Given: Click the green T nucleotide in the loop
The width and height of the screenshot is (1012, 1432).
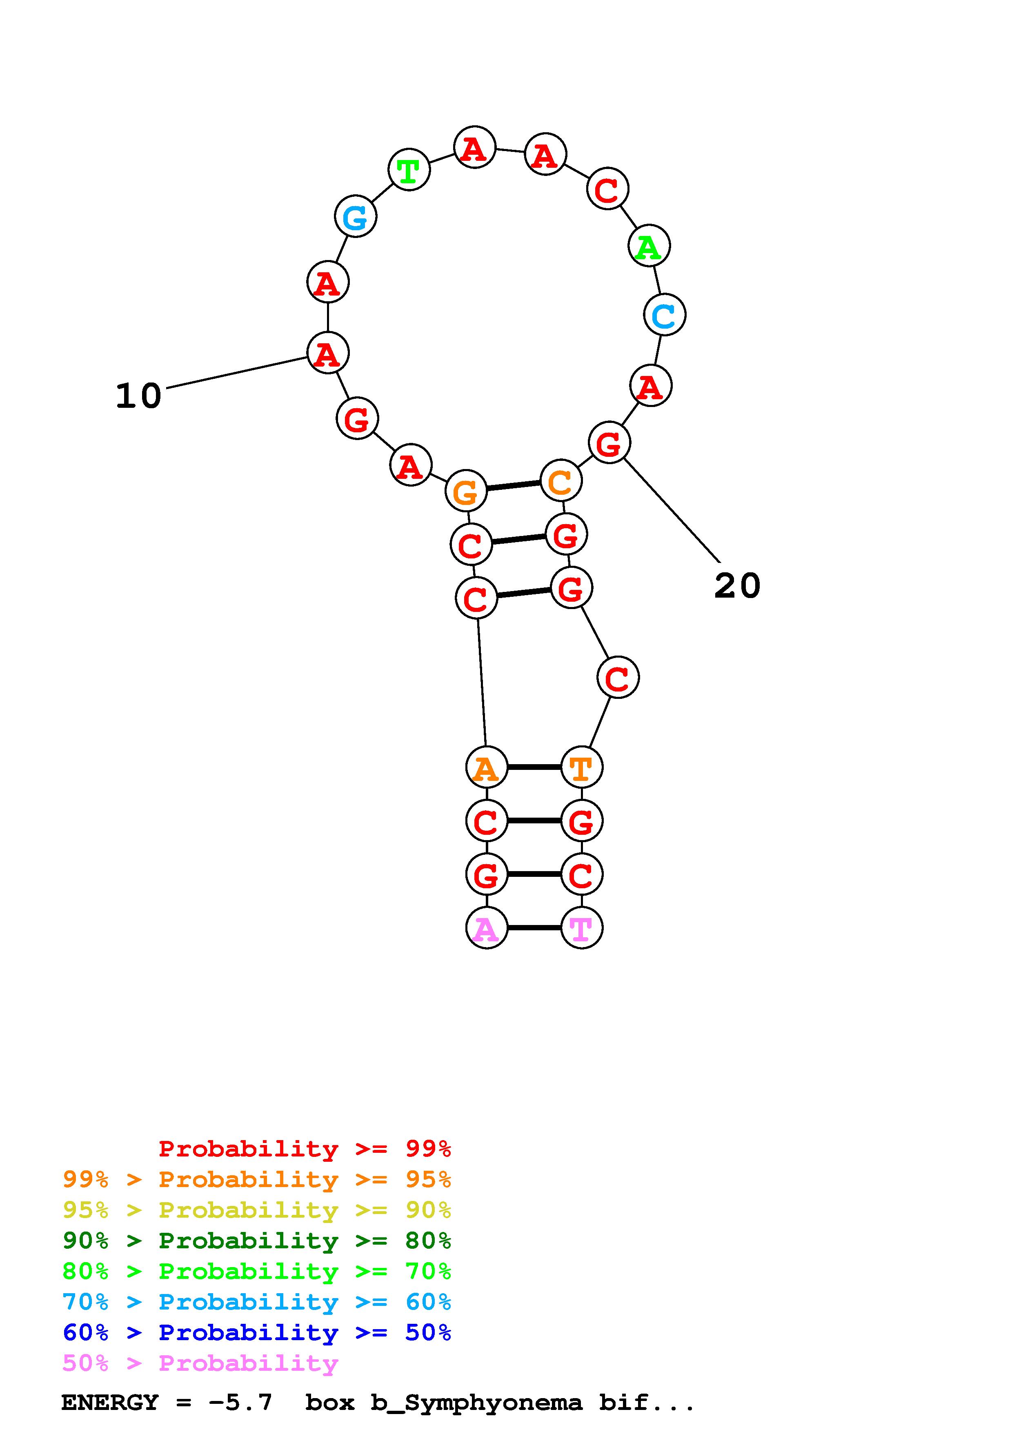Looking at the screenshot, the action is pyautogui.click(x=409, y=170).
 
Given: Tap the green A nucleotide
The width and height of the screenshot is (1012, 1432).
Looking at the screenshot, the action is pyautogui.click(x=649, y=247).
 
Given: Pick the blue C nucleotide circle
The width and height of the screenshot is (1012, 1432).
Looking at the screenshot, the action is pyautogui.click(x=665, y=315).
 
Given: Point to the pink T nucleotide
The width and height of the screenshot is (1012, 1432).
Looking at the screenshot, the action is pyautogui.click(x=582, y=928).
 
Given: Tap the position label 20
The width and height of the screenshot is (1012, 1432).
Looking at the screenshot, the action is pyautogui.click(x=737, y=586).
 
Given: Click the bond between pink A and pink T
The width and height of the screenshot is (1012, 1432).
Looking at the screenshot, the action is pyautogui.click(x=534, y=928).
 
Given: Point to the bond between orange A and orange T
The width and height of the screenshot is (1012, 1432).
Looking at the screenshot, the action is pyautogui.click(x=534, y=767).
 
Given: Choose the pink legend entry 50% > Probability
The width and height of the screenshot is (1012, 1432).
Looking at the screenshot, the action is pyautogui.click(x=200, y=1363).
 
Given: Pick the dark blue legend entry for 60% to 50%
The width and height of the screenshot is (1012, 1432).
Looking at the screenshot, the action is pyautogui.click(x=257, y=1332).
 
